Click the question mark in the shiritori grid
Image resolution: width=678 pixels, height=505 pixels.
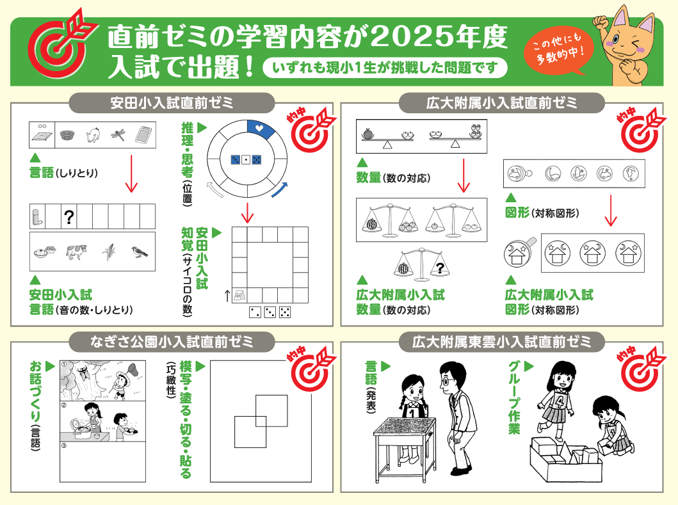click(69, 216)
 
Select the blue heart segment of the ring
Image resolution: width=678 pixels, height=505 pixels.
click(261, 129)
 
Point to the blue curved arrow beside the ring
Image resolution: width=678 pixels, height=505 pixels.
click(280, 190)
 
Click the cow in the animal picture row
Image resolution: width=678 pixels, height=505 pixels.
click(77, 251)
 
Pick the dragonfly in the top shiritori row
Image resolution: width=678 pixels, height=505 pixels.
click(118, 135)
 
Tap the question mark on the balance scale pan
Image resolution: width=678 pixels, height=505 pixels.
click(440, 268)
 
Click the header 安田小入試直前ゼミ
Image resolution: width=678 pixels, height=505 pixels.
click(172, 103)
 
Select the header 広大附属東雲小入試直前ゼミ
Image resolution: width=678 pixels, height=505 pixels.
click(501, 342)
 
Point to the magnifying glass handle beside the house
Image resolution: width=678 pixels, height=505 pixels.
click(531, 243)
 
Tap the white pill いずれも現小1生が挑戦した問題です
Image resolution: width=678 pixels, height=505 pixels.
click(385, 68)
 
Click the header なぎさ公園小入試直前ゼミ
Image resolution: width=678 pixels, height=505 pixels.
click(172, 342)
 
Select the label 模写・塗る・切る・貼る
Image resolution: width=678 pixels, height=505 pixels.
click(186, 419)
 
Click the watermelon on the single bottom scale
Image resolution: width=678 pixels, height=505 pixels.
click(403, 268)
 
